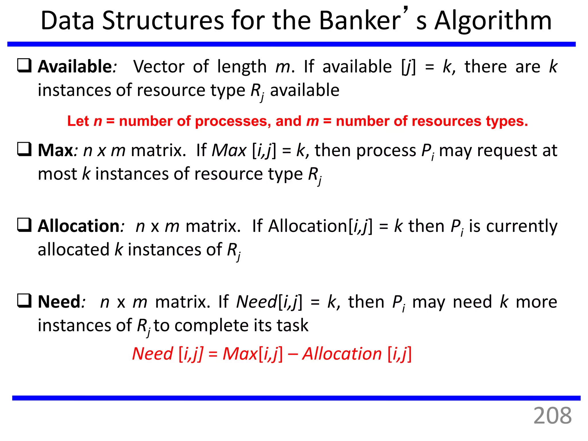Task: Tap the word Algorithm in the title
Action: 493,21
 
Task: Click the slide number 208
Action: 552,415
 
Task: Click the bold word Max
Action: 56,150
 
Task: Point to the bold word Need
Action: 59,302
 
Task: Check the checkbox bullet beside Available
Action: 24,65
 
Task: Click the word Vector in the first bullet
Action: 159,67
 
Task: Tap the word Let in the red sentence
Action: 78,121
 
